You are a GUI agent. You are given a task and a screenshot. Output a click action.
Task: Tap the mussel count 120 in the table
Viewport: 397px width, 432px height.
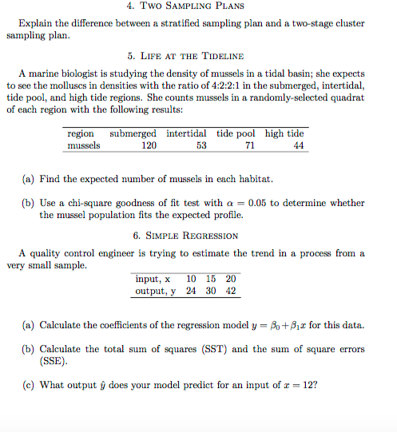(149, 146)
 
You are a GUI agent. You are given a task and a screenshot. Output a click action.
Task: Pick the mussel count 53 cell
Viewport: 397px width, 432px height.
(200, 146)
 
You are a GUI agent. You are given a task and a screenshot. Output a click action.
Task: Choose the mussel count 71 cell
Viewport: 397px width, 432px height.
(250, 146)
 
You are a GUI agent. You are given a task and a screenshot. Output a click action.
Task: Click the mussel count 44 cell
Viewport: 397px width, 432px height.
(299, 146)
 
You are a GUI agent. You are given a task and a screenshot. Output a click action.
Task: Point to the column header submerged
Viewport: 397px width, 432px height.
(133, 133)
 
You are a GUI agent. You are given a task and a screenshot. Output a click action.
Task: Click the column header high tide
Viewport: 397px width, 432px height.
(284, 133)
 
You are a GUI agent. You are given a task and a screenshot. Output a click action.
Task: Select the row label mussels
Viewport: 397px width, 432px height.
(84, 146)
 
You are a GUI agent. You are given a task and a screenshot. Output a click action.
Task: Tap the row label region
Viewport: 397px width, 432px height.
(81, 133)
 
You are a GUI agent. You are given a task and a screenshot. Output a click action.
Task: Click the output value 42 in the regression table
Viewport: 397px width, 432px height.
(231, 291)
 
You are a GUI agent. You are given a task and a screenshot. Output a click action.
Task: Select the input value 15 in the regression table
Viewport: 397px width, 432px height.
(211, 279)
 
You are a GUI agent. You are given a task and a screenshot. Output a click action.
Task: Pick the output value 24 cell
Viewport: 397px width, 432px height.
(191, 291)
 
